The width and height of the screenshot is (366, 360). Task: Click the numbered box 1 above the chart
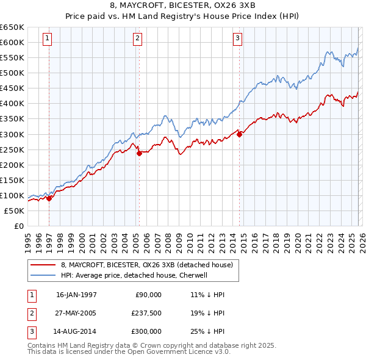pos(48,38)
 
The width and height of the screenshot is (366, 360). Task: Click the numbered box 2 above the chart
pos(138,38)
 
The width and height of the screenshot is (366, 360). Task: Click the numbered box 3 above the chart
pos(237,38)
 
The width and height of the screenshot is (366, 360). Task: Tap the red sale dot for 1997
pos(49,198)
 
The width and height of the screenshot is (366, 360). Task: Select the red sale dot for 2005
pos(139,153)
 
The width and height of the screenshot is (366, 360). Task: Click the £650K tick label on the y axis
pos(12,27)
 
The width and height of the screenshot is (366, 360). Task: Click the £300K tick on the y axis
pos(12,134)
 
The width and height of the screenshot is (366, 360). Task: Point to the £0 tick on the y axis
pos(19,226)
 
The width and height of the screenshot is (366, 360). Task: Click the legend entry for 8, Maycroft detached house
pos(146,265)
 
